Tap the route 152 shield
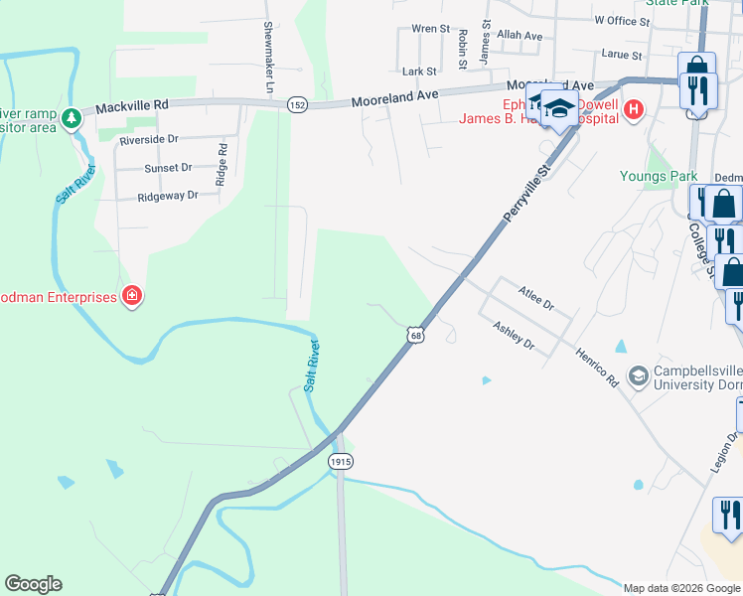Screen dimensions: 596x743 [x=297, y=104]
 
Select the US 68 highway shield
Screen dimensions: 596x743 [x=415, y=336]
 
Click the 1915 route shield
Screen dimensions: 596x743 [x=341, y=461]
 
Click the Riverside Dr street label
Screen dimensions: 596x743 [x=149, y=140]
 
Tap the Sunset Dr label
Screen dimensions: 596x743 [x=168, y=169]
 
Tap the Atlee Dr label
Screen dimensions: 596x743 [x=535, y=295]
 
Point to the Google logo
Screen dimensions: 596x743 [x=33, y=584]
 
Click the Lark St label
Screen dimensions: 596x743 [x=419, y=72]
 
